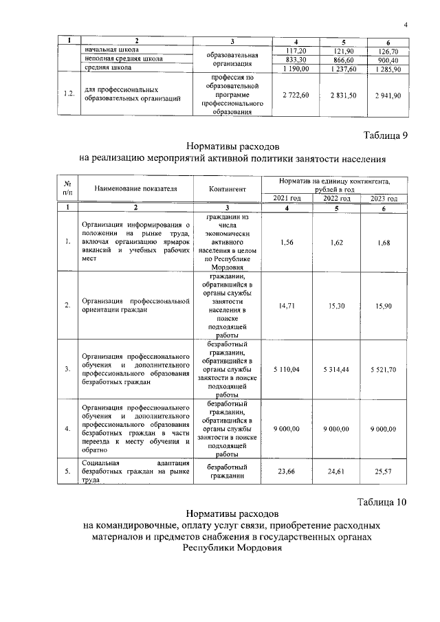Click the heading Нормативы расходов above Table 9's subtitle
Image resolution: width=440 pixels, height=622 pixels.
point(232,147)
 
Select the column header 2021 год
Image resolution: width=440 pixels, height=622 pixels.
point(287,199)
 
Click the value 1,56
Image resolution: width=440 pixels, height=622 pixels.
point(286,241)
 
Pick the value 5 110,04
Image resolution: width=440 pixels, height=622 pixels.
point(286,369)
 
